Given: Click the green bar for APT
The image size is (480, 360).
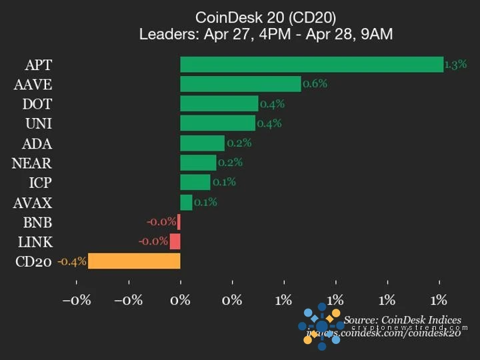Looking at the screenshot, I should tap(311, 65).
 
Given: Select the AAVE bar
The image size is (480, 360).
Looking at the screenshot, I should tap(240, 84).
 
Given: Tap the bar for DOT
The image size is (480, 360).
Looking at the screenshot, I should tap(219, 103).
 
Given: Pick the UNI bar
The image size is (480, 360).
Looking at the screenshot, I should tap(217, 123).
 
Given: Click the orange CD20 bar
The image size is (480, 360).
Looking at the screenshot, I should tap(134, 261).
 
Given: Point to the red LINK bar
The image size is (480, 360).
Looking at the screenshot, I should tap(175, 241).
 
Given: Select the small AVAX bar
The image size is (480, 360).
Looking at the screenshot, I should tap(186, 202).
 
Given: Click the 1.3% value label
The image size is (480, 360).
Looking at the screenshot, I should tap(455, 65).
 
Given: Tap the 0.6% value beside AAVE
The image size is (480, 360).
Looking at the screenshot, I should tap(315, 84).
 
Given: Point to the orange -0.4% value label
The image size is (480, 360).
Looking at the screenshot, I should tap(72, 261).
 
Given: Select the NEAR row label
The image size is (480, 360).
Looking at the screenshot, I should tap(32, 163).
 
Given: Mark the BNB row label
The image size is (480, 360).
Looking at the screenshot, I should tap(38, 222).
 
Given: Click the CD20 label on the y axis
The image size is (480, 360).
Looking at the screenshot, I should tap(33, 261).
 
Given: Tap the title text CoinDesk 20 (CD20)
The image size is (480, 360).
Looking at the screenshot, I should tap(265, 17).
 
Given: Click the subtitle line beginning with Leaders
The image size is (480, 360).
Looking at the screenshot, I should tap(265, 35).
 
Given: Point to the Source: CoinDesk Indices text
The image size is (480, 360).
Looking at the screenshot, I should tap(402, 320).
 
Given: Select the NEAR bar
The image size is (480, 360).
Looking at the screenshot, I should tap(198, 163).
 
